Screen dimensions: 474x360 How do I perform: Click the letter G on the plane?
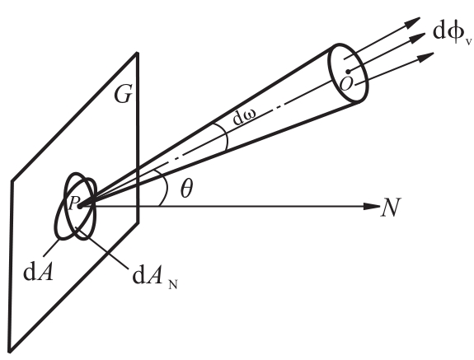tap(123, 95)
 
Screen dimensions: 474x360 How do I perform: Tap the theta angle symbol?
tap(186, 189)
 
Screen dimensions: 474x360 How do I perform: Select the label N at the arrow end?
tap(391, 208)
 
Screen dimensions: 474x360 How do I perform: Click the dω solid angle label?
tap(244, 117)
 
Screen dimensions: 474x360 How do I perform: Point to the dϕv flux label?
tap(452, 33)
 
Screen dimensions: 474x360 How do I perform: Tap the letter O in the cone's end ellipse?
tap(346, 84)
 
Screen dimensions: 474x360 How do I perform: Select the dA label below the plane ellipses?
tap(39, 273)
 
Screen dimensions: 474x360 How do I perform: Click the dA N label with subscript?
tap(155, 278)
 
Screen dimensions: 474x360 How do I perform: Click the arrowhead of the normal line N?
tap(372, 206)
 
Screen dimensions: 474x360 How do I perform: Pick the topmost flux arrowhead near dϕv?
tap(412, 22)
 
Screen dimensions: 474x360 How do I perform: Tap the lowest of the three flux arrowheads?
tap(426, 57)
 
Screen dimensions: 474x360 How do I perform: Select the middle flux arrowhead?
tap(417, 37)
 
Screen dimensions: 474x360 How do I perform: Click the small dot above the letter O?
tap(348, 72)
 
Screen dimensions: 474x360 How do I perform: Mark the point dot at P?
tap(80, 207)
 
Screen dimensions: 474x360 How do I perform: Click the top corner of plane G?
tap(137, 54)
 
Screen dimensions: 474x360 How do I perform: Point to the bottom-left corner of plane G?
tap(10, 351)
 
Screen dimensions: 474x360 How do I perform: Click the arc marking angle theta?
tap(166, 187)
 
